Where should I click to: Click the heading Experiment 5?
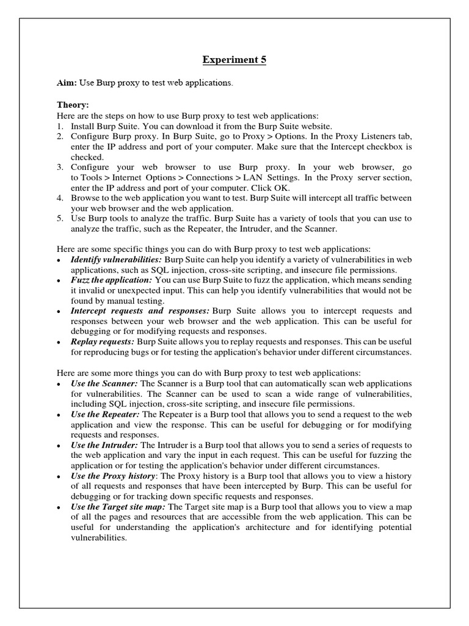click(234, 60)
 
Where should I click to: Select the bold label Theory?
click(73, 105)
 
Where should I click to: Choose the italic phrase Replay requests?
click(103, 342)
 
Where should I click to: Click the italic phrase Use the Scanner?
click(104, 383)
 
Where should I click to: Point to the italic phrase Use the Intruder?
click(104, 445)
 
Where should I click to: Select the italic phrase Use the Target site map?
click(118, 507)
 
